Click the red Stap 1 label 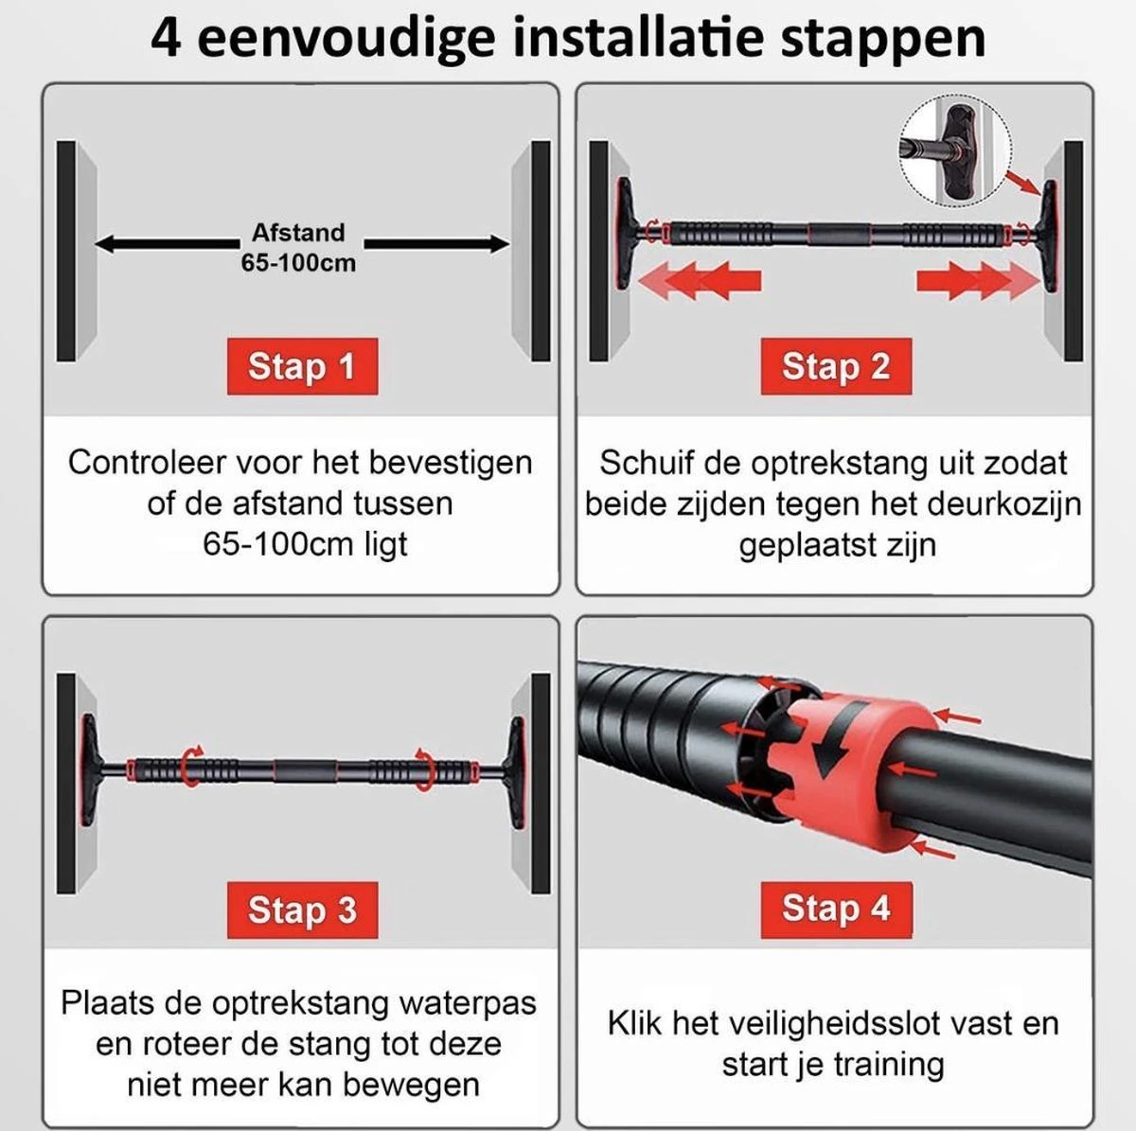[302, 366]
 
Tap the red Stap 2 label [836, 366]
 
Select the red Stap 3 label [302, 910]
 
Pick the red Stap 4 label [836, 910]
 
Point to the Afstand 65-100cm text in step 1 [298, 248]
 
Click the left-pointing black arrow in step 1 [167, 243]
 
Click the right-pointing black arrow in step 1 [436, 243]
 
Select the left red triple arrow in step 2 [700, 280]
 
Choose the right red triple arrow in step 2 [979, 280]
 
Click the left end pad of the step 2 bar [625, 234]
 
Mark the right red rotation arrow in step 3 [424, 769]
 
